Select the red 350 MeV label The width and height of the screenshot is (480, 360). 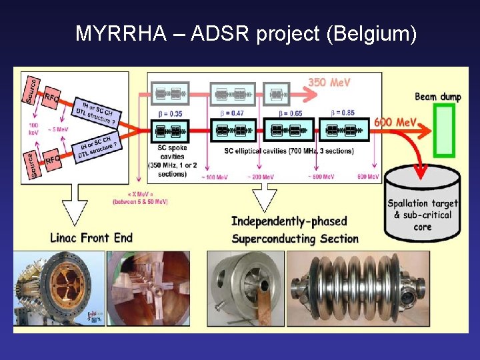(329, 83)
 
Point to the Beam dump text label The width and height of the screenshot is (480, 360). (437, 97)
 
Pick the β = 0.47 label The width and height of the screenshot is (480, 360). (233, 113)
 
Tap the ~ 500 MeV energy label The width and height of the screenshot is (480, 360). (322, 176)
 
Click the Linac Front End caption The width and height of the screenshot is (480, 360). (91, 238)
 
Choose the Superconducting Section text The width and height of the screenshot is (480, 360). (295, 239)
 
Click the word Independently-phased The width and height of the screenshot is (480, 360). (289, 221)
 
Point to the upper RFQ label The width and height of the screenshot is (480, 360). (52, 99)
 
